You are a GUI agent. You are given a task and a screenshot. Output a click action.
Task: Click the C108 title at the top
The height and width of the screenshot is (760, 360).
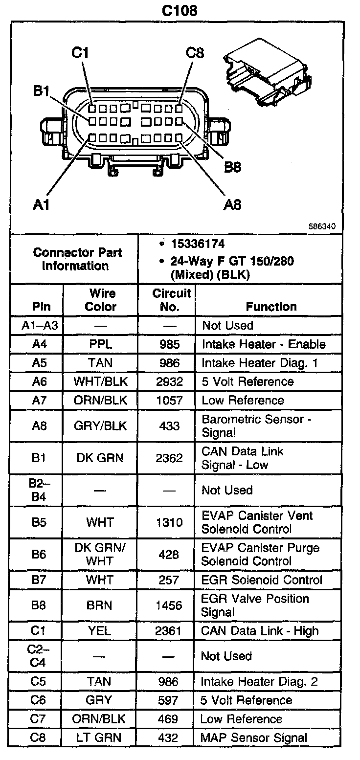(x=180, y=10)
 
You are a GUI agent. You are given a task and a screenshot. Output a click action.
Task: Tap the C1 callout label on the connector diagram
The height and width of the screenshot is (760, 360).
(x=80, y=53)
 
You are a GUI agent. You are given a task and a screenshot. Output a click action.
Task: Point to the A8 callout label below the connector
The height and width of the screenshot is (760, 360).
(x=232, y=204)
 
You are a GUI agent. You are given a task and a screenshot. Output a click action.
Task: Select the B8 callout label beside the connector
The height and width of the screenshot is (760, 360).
(x=232, y=167)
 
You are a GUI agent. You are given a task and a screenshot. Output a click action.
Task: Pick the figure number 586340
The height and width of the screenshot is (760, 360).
(x=322, y=226)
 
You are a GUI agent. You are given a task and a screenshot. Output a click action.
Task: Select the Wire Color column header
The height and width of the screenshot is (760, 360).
(x=100, y=300)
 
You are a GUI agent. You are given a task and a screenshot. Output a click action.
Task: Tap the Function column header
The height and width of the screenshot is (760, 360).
(x=271, y=307)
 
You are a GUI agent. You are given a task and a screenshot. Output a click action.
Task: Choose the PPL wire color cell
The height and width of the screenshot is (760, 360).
(x=100, y=344)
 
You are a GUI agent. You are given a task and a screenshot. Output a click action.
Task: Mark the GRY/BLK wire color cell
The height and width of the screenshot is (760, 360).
(x=100, y=425)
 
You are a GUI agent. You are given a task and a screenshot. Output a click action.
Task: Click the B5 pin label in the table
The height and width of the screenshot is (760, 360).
(x=39, y=522)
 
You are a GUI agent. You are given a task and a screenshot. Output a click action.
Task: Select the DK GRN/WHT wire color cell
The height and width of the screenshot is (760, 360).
(x=100, y=554)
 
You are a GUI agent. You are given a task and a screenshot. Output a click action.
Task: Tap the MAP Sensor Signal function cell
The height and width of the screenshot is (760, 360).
(x=253, y=738)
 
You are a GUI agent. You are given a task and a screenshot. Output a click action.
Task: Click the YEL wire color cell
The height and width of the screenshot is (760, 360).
(x=100, y=631)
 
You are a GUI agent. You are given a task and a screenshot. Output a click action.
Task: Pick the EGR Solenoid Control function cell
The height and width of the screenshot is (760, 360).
(x=262, y=580)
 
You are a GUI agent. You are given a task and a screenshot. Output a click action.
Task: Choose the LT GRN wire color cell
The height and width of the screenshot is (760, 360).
(x=100, y=738)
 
